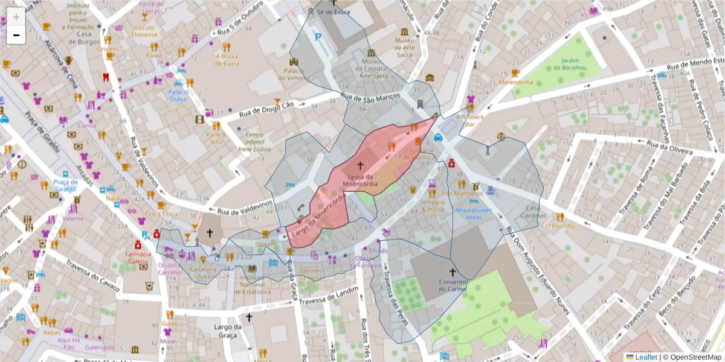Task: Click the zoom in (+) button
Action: (x=16, y=17)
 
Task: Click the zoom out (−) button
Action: (x=16, y=35)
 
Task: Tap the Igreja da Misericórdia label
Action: (x=360, y=179)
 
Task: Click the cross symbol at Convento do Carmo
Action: (x=452, y=272)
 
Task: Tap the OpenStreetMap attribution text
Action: (x=693, y=357)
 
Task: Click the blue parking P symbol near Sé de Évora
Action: (x=318, y=37)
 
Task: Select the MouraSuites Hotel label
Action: (x=474, y=214)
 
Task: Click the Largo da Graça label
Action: (x=228, y=331)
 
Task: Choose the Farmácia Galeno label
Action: (x=137, y=258)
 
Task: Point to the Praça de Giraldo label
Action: (x=65, y=185)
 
